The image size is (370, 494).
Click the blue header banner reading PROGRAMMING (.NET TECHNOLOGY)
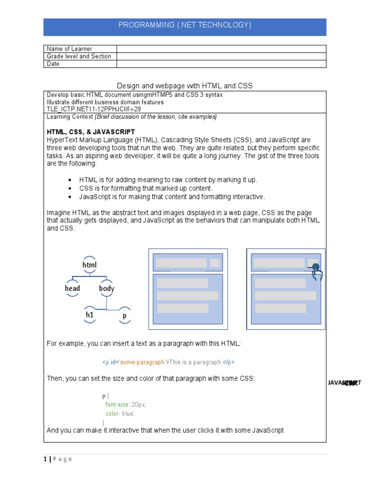185,26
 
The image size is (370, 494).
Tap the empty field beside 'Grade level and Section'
221,56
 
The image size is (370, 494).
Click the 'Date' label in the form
53,64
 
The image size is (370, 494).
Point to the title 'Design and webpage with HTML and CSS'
185,86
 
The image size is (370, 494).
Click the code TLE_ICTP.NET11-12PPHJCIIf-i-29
94,109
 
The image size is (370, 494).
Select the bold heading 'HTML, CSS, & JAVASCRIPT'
91,132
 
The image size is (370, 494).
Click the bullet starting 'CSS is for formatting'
146,188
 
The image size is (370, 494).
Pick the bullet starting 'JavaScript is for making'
172,196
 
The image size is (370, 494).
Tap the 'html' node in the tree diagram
90,265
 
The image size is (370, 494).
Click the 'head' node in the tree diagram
72,288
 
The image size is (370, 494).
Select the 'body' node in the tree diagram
106,288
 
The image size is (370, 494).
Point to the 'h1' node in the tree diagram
90,315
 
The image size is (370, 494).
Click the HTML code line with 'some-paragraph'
168,362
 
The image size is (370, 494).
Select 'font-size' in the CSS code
117,405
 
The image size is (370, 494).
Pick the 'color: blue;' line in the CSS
120,414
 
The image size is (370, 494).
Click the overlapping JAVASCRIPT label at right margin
344,383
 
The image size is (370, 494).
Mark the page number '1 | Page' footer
59,459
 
